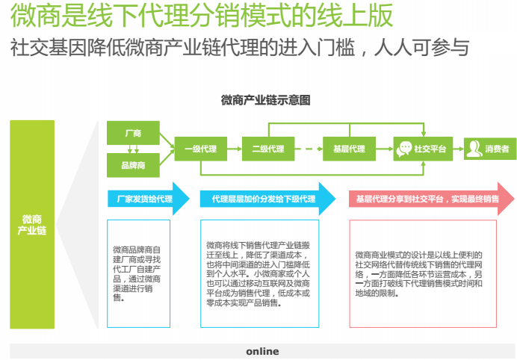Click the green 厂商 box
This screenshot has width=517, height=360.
coord(133,133)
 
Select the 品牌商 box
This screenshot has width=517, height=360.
coord(133,165)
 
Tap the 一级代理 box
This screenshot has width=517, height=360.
coord(200,149)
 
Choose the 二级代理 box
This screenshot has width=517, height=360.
coord(268,149)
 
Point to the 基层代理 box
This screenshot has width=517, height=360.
coord(349,149)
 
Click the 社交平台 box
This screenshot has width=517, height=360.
coord(423,149)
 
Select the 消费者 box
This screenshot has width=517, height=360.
coord(490,149)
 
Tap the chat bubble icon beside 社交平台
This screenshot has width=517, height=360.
coord(404,149)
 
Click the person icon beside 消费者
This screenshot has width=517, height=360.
coord(474,149)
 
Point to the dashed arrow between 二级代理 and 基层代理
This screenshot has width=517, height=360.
coord(309,149)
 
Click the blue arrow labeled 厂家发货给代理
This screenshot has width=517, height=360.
coord(149,199)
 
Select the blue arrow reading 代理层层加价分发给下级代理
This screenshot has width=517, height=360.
coord(267,199)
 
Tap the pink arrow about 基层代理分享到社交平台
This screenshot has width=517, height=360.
coord(432,199)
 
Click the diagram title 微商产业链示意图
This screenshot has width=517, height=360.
coord(265,100)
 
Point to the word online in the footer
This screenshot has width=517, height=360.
coord(262,352)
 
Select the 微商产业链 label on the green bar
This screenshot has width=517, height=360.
coord(32,225)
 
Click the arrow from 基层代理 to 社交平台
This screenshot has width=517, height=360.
coord(385,149)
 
